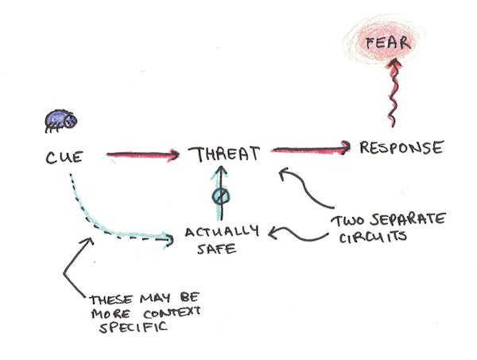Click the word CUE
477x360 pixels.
[64, 158]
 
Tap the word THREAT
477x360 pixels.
[224, 154]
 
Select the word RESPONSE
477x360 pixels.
[401, 148]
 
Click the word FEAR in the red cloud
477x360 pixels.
[388, 43]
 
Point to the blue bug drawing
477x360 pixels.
[61, 121]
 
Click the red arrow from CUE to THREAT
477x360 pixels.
[142, 155]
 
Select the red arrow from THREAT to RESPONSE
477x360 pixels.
[311, 149]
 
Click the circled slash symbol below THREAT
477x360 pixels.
[221, 196]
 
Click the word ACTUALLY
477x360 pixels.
[222, 232]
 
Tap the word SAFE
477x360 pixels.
[216, 249]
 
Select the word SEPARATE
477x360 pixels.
[408, 219]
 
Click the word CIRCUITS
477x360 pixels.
[373, 237]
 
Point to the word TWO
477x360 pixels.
[347, 222]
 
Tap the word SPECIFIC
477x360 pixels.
[134, 327]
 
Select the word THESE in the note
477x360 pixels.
[111, 300]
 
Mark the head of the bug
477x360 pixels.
[71, 121]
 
